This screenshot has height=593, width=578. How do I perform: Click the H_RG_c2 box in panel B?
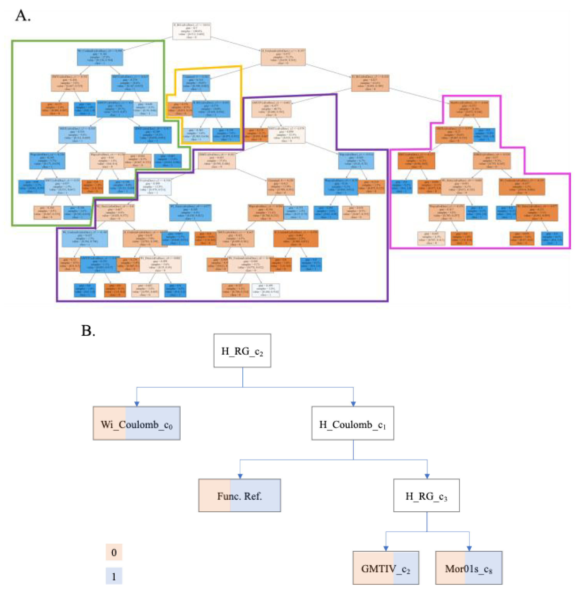click(x=242, y=351)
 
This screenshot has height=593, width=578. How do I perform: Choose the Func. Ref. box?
click(x=240, y=496)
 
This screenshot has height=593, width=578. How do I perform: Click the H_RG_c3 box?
click(x=427, y=496)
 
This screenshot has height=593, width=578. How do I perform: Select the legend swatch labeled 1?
click(x=114, y=576)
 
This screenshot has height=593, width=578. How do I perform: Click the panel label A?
click(x=23, y=16)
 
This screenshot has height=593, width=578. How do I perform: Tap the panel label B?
click(x=88, y=331)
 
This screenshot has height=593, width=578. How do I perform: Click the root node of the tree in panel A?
click(x=191, y=31)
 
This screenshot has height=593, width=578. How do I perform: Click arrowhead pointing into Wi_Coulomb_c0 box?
click(x=137, y=404)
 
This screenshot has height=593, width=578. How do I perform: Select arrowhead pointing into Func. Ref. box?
click(x=240, y=477)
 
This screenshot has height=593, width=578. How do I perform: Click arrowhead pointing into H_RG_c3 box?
click(x=427, y=477)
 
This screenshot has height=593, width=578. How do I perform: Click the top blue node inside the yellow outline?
click(x=196, y=83)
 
